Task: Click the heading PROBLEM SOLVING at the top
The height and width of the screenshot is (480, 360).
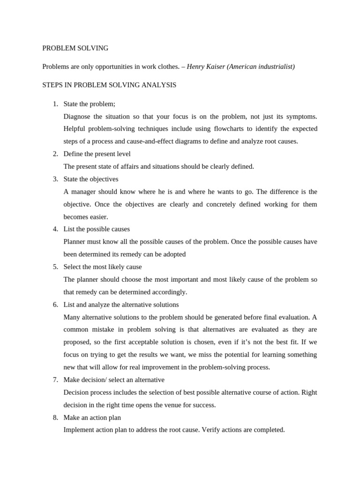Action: click(75, 48)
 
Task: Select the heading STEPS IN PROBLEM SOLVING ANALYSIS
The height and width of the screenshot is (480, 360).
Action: click(109, 85)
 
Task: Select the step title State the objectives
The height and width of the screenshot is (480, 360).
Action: click(91, 179)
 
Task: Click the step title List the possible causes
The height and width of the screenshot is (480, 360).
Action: click(97, 229)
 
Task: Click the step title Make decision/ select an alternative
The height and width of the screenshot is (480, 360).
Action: click(114, 380)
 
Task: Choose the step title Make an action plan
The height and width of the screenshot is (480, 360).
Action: click(92, 418)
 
